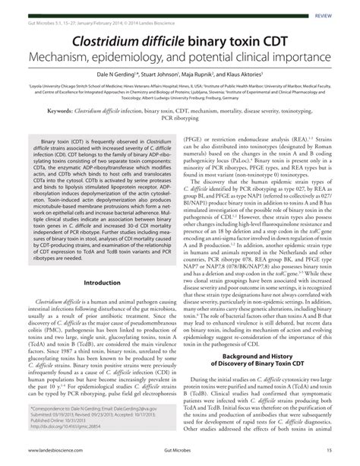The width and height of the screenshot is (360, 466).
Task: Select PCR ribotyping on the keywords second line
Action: (180, 119)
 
